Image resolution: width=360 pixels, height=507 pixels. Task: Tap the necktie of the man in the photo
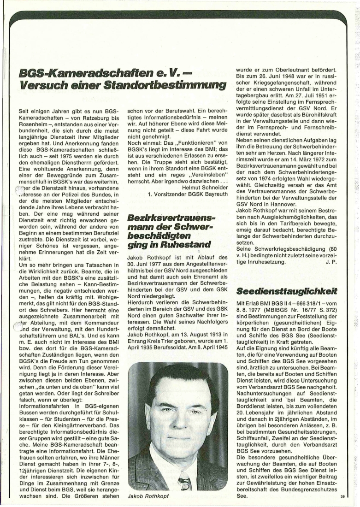pyautogui.click(x=185, y=480)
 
